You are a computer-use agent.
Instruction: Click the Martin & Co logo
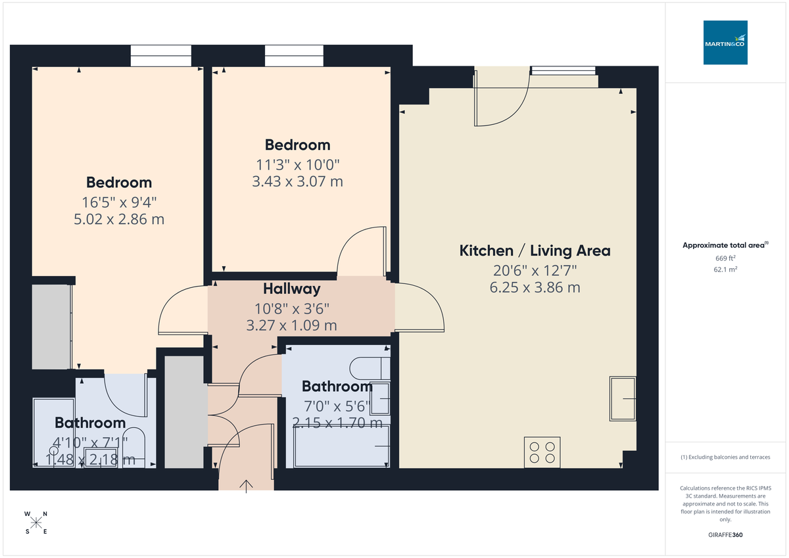[x=725, y=42]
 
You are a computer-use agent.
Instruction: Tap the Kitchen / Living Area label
[x=535, y=250]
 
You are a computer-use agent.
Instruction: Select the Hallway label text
[x=292, y=289]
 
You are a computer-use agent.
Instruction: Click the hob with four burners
[x=542, y=452]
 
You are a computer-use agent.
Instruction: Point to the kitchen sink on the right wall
[x=623, y=398]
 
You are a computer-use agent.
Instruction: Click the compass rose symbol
[x=36, y=523]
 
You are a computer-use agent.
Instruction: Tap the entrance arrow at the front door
[x=247, y=486]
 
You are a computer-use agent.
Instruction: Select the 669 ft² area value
[x=725, y=258]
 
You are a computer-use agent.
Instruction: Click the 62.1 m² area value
[x=725, y=269]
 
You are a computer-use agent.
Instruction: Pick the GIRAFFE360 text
[x=725, y=535]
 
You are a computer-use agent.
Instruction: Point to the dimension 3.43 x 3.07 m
[x=297, y=181]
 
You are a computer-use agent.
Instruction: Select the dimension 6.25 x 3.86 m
[x=535, y=287]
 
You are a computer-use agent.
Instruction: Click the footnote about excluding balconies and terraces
[x=725, y=457]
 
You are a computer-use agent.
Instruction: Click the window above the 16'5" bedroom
[x=161, y=56]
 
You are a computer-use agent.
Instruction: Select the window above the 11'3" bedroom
[x=295, y=56]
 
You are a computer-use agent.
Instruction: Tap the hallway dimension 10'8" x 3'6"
[x=292, y=308]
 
